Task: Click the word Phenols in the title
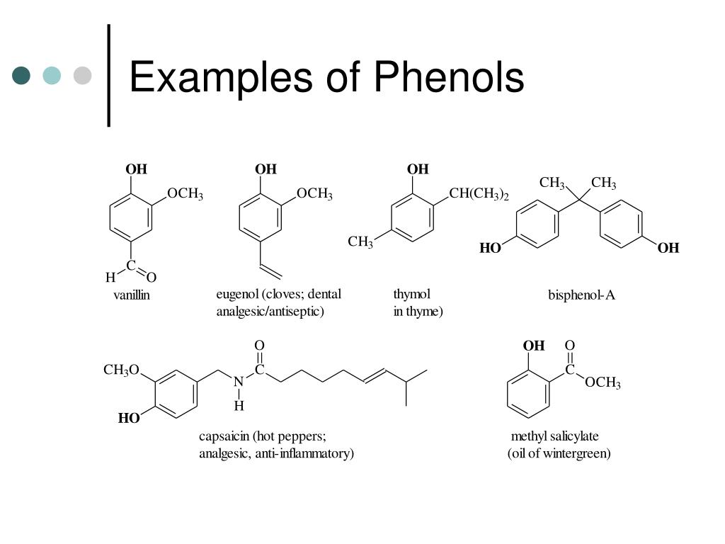coord(449,77)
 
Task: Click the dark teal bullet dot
coord(21,75)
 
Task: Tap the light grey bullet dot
coord(82,75)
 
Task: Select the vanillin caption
coord(131,295)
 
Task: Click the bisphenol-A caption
coord(582,295)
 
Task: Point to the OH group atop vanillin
coord(137,169)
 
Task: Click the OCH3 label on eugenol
coord(314,194)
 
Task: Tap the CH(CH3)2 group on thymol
coord(479,194)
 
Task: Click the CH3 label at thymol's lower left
coord(360,242)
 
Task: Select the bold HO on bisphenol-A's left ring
coord(490,249)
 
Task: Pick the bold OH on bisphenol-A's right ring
coord(668,249)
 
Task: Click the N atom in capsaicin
coord(239,382)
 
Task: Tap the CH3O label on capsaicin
coord(121,370)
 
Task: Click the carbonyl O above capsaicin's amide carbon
coord(259,346)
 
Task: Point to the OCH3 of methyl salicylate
coord(603,382)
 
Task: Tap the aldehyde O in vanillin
coord(152,278)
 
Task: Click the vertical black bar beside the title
coord(108,75)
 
